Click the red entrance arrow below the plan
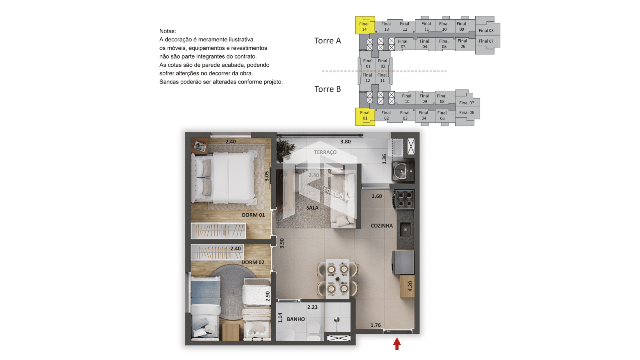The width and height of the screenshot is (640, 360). click(397, 344)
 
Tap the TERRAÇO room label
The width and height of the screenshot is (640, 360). click(325, 152)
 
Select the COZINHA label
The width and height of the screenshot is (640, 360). click(382, 226)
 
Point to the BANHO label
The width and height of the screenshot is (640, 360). click(296, 319)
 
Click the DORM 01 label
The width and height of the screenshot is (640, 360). click(253, 215)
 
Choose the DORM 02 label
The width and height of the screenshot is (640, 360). click(253, 262)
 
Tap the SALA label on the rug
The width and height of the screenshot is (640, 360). click(312, 208)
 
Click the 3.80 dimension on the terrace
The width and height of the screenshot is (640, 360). click(345, 142)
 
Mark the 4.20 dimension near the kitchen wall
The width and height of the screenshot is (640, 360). click(410, 286)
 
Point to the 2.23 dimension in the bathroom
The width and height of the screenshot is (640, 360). click(312, 307)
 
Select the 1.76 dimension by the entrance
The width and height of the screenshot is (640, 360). click(376, 325)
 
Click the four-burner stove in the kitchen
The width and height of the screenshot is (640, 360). click(404, 199)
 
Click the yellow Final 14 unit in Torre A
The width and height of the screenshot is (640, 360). click(365, 25)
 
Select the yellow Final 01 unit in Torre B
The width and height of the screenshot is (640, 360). click(365, 116)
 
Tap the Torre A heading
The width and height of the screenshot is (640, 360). click(327, 41)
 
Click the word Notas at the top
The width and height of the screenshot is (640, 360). click(167, 31)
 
